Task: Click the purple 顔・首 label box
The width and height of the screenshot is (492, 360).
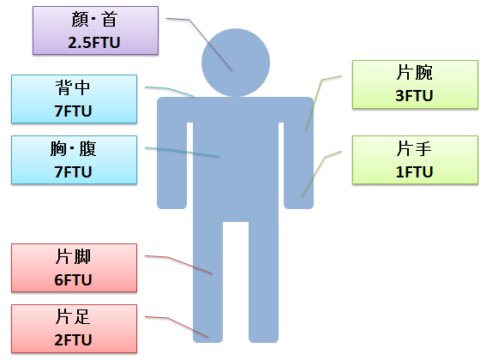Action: (x=96, y=31)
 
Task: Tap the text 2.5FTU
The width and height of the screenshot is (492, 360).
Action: (x=94, y=43)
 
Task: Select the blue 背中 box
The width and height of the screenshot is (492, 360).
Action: (x=74, y=99)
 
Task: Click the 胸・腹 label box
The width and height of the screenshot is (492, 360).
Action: (x=74, y=159)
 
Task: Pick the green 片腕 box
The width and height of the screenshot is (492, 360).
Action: (x=415, y=85)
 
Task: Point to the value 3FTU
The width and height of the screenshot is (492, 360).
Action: (x=414, y=96)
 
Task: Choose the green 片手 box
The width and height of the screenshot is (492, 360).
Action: (x=415, y=159)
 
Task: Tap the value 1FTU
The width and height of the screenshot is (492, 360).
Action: (x=414, y=172)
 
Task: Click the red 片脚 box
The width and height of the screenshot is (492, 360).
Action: (x=74, y=267)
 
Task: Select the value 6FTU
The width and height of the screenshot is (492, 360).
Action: (x=73, y=280)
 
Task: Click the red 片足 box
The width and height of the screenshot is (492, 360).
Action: (x=74, y=328)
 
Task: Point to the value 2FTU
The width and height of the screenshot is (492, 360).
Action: (x=73, y=340)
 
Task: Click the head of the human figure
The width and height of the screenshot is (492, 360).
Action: (x=236, y=63)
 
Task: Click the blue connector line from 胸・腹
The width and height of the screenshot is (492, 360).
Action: (x=182, y=152)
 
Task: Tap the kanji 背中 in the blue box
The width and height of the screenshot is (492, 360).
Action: (x=73, y=87)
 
